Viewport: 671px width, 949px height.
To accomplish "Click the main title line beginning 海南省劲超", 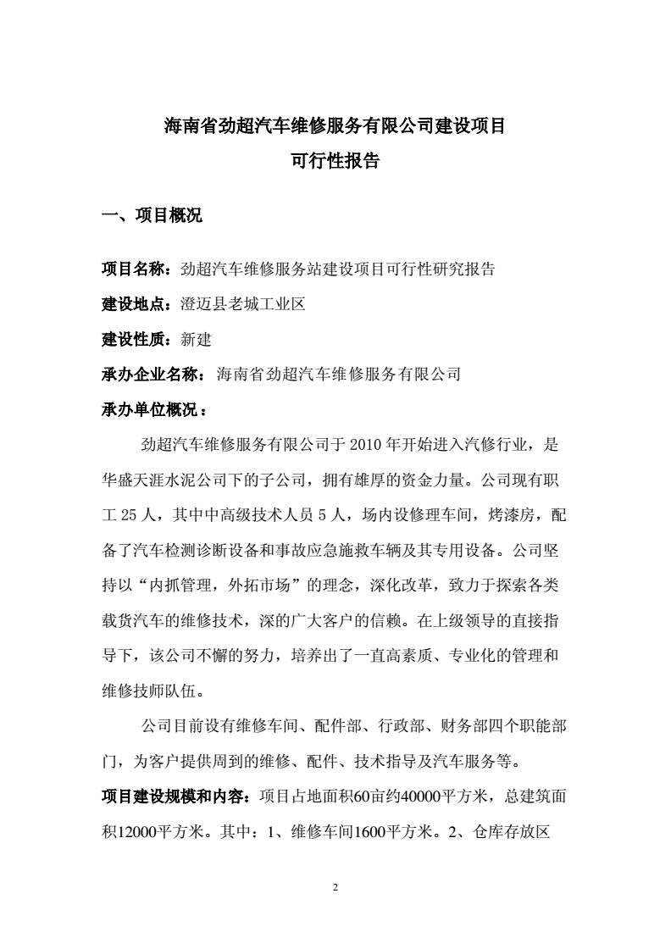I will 335,126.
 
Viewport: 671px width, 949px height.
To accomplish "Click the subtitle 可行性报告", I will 335,161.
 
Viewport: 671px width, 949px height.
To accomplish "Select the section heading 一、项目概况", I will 152,216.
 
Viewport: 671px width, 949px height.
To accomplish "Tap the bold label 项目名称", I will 136,269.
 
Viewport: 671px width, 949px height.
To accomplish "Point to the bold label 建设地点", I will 136,304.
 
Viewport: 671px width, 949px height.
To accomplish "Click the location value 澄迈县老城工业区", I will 242,304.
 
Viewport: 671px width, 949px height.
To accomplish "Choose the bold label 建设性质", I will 136,340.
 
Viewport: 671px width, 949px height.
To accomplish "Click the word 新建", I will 197,340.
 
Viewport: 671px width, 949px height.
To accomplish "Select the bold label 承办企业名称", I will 150,375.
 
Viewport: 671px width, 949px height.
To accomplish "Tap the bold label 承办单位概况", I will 150,410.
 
